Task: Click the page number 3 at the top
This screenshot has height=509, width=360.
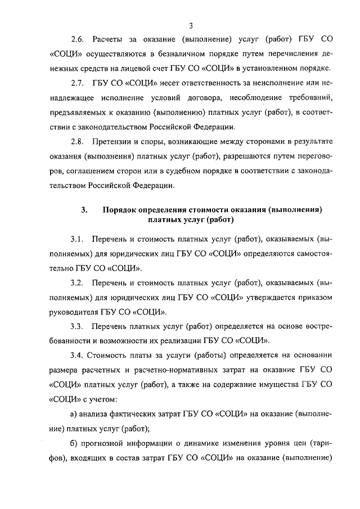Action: pos(191,25)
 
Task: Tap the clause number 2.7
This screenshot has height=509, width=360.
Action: pos(78,84)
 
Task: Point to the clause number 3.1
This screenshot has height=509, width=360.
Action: pos(77,238)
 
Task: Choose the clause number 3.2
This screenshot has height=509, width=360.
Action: pos(77,281)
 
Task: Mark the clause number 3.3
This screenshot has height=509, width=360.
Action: pos(77,326)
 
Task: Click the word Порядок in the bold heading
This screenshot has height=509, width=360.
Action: pos(121,210)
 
